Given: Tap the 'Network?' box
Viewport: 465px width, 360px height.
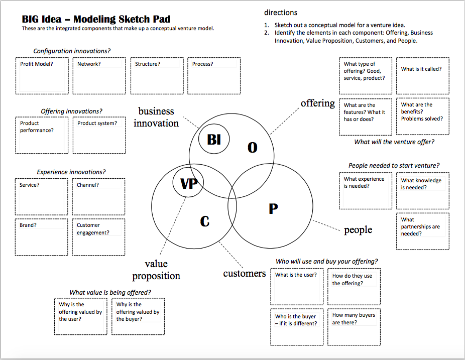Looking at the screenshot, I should tap(98, 76).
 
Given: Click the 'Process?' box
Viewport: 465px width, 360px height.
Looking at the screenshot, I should tap(213, 76).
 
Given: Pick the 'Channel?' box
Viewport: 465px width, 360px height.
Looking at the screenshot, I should tap(98, 196).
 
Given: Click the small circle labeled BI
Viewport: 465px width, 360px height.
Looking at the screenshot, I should tap(214, 140).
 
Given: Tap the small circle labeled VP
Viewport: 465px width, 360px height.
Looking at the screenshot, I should tap(188, 184).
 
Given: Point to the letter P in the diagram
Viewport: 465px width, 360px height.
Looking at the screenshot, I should tap(273, 209).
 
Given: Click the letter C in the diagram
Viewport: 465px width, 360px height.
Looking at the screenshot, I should tap(204, 221).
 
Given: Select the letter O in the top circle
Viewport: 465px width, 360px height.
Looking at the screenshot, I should tap(253, 148).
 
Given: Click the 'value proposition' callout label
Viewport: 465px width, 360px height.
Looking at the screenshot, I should tap(156, 270).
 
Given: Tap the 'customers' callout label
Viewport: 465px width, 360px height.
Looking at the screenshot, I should tap(245, 274).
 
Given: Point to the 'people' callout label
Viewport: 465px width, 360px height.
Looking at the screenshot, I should tap(358, 230).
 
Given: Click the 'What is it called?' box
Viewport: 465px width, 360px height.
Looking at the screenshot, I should tap(422, 76).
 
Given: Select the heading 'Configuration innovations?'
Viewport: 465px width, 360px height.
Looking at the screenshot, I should tap(72, 51).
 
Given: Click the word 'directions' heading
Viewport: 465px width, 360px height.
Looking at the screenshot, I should tap(281, 13).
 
